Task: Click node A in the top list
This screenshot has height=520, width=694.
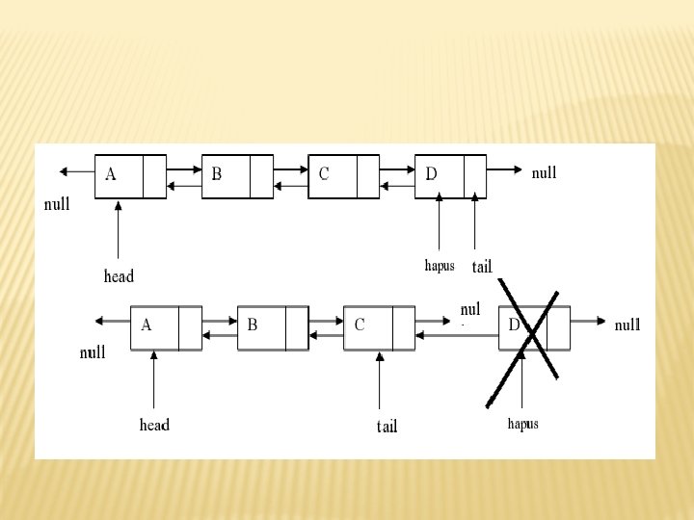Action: pos(130,175)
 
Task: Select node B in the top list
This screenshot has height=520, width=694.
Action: pos(237,175)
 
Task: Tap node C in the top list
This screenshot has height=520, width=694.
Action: pos(344,175)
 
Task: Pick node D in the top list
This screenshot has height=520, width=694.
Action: pos(450,175)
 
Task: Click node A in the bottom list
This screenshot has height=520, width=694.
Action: pos(166,327)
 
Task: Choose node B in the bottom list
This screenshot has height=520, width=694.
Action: pos(273,327)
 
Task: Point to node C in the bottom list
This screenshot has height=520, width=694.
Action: pos(379,327)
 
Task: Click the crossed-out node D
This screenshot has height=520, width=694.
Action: pos(534,327)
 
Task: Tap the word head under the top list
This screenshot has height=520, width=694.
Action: pos(119,276)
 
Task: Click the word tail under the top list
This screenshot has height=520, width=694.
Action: pos(482,266)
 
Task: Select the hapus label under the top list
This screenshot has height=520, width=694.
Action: pos(440,265)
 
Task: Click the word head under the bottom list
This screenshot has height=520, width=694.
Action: pos(154,425)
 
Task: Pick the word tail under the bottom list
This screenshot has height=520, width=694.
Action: pos(387,426)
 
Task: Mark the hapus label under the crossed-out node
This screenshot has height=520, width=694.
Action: pos(522,424)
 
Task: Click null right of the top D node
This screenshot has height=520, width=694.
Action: pos(544,173)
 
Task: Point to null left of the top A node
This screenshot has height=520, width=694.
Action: pos(58,204)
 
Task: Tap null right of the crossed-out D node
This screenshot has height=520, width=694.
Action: pos(627,325)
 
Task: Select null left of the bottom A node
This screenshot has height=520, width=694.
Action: pos(93,352)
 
